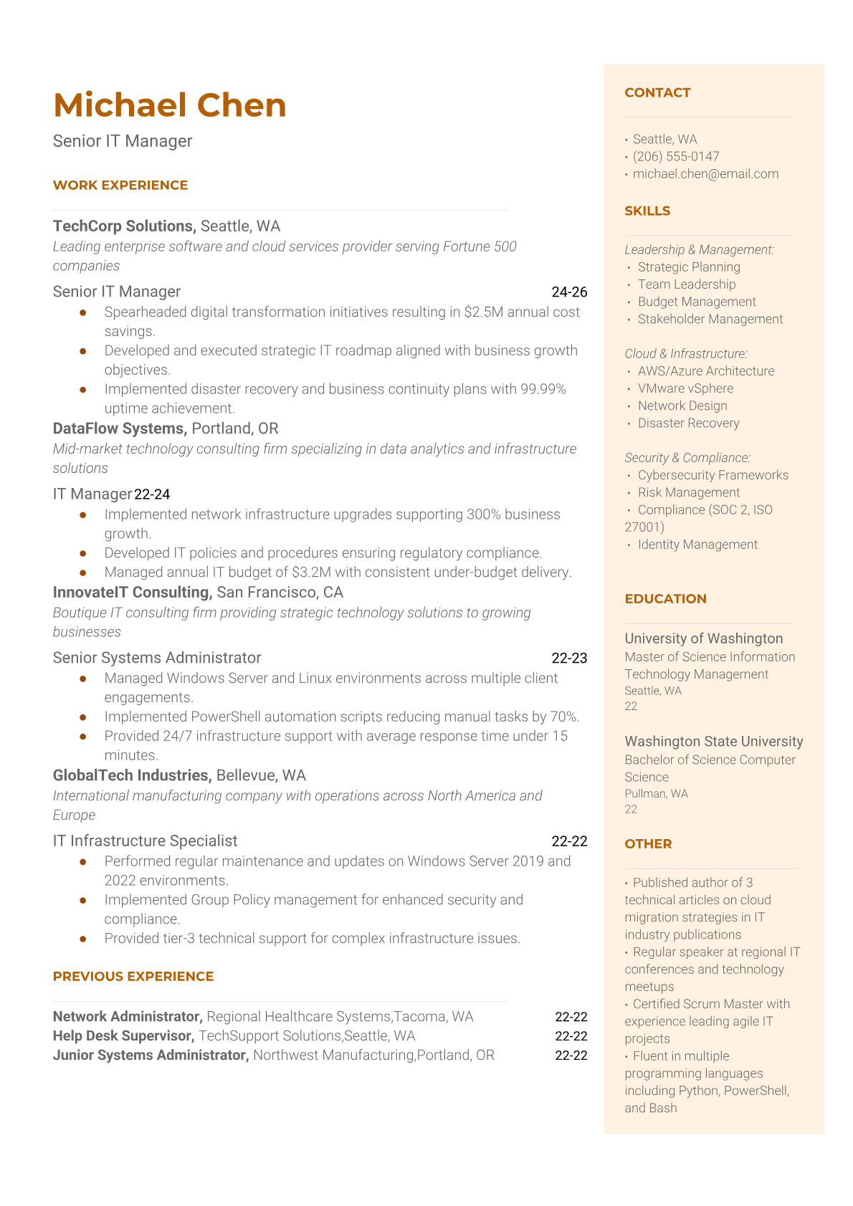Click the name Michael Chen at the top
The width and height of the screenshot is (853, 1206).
[170, 105]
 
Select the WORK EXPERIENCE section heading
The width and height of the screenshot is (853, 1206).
[120, 185]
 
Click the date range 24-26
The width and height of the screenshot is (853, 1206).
[569, 292]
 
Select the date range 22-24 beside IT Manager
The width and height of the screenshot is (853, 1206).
[152, 494]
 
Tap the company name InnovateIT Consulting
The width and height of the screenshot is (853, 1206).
[131, 593]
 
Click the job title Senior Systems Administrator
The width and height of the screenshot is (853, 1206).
[157, 658]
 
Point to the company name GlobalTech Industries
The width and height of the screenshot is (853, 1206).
[132, 775]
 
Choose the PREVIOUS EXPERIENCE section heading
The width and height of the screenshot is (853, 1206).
[133, 976]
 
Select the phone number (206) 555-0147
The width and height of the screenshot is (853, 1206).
[676, 156]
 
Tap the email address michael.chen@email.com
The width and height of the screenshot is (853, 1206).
[705, 173]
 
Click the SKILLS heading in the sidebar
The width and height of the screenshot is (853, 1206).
[647, 211]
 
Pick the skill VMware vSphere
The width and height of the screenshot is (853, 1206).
[685, 388]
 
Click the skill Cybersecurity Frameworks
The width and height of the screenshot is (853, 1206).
[713, 475]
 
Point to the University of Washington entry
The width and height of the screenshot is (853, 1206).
[704, 638]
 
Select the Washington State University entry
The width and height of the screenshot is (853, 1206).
[714, 742]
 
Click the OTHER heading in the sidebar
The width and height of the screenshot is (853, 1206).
[648, 843]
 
